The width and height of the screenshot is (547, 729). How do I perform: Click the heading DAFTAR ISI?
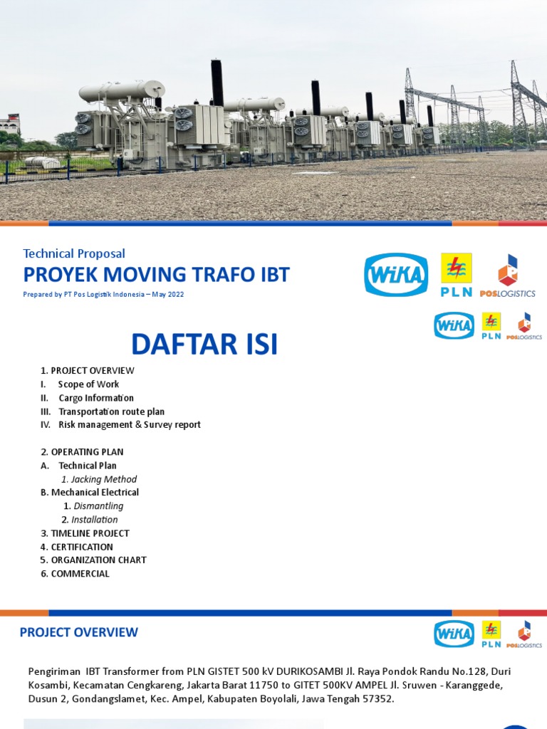pos(204,344)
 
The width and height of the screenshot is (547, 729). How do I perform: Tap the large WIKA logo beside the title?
pos(396,275)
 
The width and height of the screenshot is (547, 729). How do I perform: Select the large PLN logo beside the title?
pos(456,275)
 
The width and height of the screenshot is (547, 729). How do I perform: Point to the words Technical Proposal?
pos(74,253)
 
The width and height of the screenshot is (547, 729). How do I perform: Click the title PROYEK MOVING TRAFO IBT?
pos(157,275)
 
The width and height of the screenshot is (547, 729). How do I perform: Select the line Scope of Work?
pos(88,384)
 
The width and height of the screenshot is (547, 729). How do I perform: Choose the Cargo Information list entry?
pos(96,398)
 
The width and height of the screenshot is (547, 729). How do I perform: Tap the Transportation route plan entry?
pos(111,411)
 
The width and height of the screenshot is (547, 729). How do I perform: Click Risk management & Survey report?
pos(129,425)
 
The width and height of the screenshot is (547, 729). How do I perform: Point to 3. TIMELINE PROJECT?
pos(85,533)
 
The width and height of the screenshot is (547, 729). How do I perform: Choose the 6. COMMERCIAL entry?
pos(75,574)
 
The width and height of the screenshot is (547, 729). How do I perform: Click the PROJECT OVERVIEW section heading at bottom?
pos(79,632)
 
